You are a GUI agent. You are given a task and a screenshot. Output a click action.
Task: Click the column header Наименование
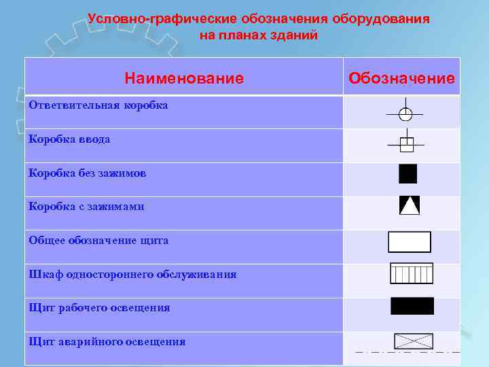coord(183,79)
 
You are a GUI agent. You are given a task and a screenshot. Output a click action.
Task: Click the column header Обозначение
coord(401,79)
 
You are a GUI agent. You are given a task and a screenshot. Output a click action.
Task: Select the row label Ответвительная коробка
coord(98,105)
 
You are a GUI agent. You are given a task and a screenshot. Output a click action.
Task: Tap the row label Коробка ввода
coord(69,139)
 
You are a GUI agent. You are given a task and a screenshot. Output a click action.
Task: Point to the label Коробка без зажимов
coord(87,173)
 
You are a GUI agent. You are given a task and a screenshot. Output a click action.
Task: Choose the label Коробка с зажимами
coord(86,207)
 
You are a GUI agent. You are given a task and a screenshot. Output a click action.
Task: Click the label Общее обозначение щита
coord(98,241)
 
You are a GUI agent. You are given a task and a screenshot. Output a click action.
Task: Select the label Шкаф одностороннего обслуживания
coord(132,275)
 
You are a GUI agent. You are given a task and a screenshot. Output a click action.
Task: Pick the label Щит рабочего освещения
coord(99,308)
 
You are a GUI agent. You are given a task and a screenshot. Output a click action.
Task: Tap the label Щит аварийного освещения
coord(107,342)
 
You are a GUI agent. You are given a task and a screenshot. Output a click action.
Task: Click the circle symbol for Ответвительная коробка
coord(405,114)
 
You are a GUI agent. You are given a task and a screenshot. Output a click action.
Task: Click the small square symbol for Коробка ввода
coord(406,144)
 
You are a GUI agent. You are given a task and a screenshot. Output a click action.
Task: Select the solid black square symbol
coord(407,174)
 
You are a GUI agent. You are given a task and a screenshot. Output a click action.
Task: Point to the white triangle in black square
coord(410,205)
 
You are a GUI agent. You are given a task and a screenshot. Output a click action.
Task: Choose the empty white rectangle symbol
coord(409,242)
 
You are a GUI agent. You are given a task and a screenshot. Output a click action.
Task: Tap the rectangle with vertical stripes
coord(411,273)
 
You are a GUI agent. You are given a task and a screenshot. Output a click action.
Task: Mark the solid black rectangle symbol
coord(412,306)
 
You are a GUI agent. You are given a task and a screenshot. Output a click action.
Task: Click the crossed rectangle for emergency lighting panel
coord(413,341)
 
